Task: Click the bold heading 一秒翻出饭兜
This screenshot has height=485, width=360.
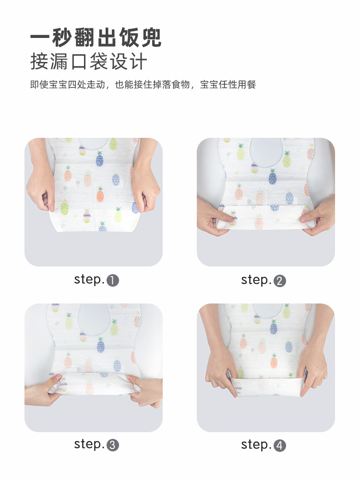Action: [96, 37]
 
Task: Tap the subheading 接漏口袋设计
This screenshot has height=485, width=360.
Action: [88, 62]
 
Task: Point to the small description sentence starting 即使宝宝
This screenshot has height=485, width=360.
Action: [143, 85]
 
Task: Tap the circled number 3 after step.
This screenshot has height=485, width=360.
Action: [113, 445]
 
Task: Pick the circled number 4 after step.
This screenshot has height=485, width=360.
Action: [280, 446]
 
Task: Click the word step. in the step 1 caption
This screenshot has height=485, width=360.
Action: [89, 279]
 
